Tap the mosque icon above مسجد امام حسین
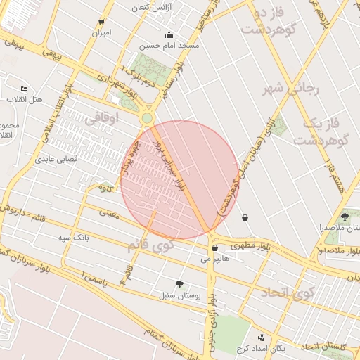click(169, 34)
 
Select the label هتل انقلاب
click(25, 99)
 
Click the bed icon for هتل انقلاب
click(25, 89)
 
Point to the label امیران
click(101, 32)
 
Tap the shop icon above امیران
click(102, 22)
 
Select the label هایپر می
click(216, 259)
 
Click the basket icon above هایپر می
click(214, 248)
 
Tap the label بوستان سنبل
click(180, 296)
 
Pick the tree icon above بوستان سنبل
click(180, 285)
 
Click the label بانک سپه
click(73, 239)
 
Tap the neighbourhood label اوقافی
click(103, 120)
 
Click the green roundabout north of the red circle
click(147, 118)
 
